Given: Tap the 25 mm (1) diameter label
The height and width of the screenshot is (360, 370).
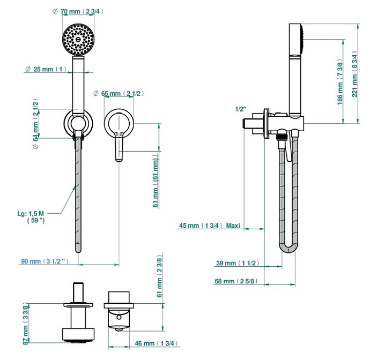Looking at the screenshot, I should point(46,69).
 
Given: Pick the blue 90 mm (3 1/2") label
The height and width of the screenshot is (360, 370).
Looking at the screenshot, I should point(46,261).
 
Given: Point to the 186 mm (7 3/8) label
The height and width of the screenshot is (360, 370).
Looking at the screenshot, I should point(340,80).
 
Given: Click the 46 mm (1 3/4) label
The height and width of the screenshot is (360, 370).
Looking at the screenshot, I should point(156,343).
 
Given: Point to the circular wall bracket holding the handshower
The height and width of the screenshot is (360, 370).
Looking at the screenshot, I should point(79,123).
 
